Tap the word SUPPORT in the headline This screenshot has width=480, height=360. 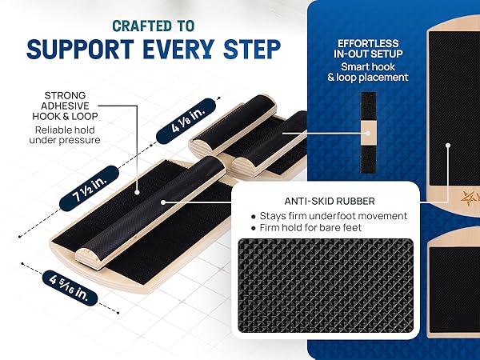point(80,49)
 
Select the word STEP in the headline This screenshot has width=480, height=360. point(252,49)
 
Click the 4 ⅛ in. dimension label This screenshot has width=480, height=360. point(186,121)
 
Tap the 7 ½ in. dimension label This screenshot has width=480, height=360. point(89,188)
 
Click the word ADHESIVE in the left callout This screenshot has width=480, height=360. point(65,106)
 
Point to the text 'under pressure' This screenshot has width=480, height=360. point(65,140)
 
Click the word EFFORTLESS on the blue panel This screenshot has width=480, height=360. point(368,43)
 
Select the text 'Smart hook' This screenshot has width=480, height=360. point(368,66)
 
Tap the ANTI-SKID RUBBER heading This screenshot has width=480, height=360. point(330,201)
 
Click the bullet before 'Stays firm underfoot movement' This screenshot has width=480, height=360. point(253,217)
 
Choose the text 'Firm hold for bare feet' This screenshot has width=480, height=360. point(310,227)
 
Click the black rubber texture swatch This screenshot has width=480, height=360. point(326,285)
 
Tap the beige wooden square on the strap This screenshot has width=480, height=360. point(368,133)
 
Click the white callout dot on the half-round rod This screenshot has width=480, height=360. point(163,202)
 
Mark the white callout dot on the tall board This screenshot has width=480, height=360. point(448,146)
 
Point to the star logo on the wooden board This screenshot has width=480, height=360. point(467,197)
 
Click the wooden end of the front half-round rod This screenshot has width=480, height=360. point(87,258)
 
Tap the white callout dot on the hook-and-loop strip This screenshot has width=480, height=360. point(137,192)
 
